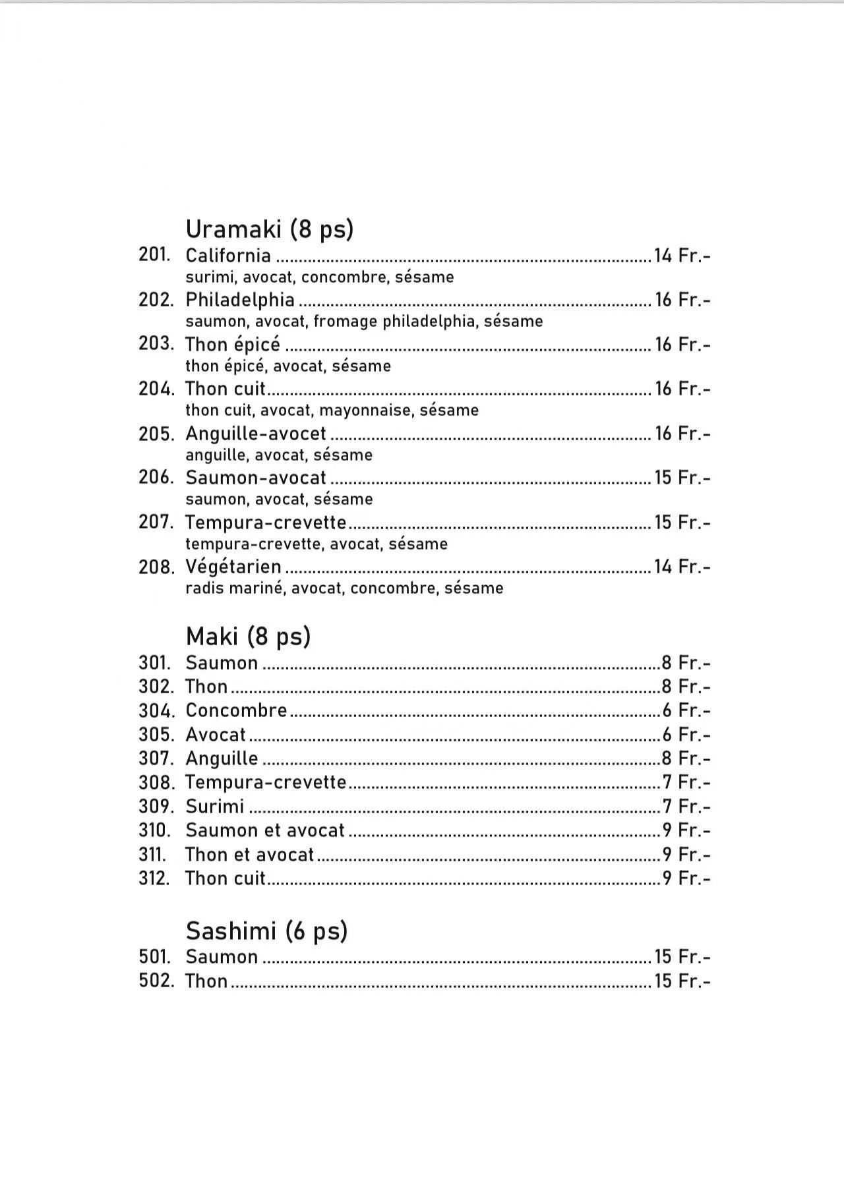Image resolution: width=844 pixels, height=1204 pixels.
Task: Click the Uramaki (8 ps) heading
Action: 269,229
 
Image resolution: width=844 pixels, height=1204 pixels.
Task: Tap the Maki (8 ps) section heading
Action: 248,637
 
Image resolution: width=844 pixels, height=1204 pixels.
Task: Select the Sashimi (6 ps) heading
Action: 266,931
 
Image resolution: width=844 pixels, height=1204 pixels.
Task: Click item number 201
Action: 154,255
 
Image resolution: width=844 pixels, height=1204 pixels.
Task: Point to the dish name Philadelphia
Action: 240,300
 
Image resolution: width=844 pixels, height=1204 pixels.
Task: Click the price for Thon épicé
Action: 682,345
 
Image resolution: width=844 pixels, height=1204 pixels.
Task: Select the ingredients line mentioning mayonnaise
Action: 332,411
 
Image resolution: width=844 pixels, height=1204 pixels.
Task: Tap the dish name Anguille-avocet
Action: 256,434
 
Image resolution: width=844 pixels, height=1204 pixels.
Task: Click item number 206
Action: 156,478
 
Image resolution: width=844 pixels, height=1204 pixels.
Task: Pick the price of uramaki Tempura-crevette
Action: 682,523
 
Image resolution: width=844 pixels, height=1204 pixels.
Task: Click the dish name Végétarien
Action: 233,567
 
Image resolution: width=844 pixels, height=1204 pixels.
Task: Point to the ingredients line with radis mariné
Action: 344,588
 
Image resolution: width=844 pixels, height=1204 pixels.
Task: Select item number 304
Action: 156,711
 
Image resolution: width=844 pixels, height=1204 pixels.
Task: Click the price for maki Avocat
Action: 686,735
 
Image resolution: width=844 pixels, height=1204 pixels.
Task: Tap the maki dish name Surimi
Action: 215,807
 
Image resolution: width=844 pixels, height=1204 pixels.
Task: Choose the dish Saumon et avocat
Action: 265,830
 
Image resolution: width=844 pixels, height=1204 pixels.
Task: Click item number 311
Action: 152,855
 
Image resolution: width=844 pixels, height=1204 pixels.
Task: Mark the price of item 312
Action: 686,878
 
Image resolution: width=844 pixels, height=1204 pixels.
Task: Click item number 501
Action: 154,957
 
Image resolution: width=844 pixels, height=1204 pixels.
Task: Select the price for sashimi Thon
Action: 682,981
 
